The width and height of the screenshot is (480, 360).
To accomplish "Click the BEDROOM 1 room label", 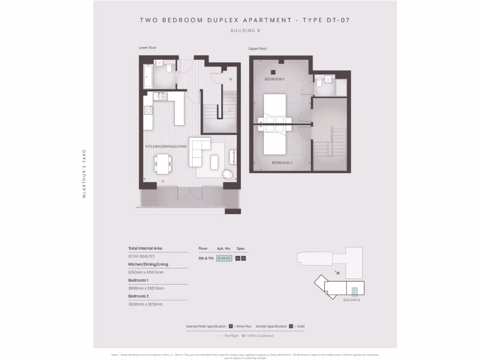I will (x=275, y=79).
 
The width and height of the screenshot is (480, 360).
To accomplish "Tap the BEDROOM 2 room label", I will (x=282, y=163).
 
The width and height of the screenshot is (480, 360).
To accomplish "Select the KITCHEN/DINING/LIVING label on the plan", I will (x=166, y=147).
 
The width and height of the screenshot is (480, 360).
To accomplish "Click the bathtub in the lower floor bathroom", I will (x=148, y=77).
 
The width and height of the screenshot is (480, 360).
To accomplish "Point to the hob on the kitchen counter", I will (x=148, y=111).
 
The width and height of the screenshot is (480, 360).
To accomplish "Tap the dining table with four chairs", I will (x=163, y=163).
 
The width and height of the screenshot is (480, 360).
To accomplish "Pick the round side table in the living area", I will (x=227, y=174).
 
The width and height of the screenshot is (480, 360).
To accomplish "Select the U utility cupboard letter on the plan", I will (x=231, y=79).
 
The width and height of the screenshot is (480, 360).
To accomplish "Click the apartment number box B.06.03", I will (x=224, y=258).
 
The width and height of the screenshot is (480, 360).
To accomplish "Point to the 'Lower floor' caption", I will (x=147, y=48).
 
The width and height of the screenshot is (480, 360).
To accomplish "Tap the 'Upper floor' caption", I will (x=258, y=49).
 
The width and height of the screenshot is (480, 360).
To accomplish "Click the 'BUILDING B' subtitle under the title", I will (x=245, y=30).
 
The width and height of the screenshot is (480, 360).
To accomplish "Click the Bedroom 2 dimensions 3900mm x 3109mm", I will (x=145, y=304).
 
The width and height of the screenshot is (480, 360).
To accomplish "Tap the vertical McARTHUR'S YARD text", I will (x=84, y=173).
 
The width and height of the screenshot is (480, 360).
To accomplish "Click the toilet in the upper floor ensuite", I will (x=319, y=83).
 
